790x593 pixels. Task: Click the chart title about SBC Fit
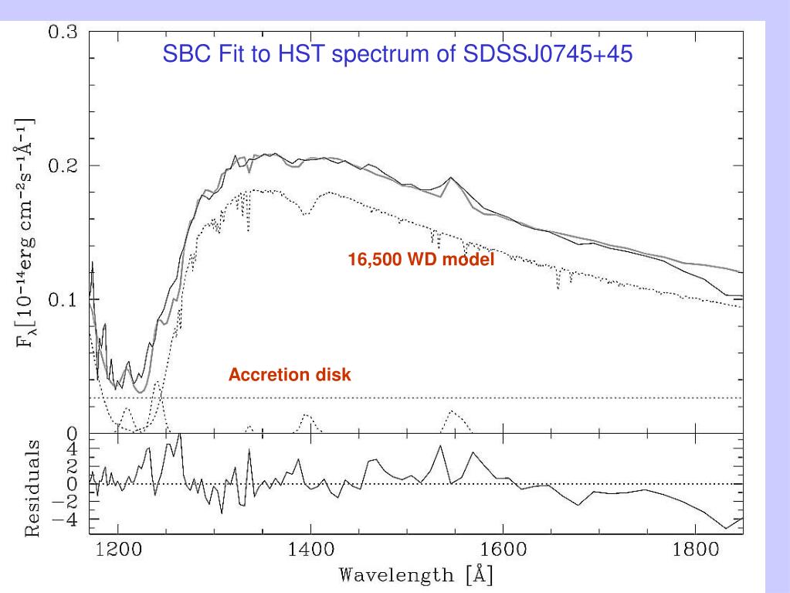point(398,56)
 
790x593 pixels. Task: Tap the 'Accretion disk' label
point(290,376)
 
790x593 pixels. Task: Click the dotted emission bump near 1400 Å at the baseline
point(307,416)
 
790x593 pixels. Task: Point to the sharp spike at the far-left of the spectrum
point(93,264)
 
